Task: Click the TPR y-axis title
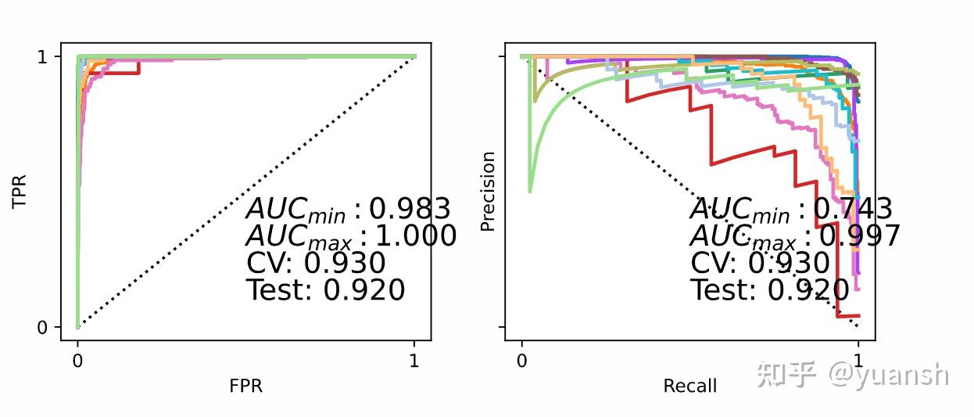(x=20, y=192)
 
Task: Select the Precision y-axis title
(x=488, y=192)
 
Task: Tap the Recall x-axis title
(x=689, y=386)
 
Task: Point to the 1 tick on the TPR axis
(x=43, y=57)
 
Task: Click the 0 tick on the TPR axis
(x=43, y=327)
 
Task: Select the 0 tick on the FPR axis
(x=77, y=361)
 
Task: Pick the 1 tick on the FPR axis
(x=414, y=361)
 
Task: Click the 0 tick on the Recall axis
(x=521, y=361)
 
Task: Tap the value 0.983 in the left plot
(x=410, y=209)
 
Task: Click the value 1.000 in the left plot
(x=416, y=236)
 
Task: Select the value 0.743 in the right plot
(x=853, y=209)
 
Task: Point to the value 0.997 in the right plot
(x=859, y=236)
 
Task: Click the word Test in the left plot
(x=279, y=290)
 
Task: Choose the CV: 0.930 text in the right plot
(x=759, y=263)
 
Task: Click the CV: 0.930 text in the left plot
(x=316, y=263)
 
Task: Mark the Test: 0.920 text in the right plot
(x=769, y=290)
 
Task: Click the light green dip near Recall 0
(x=530, y=188)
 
